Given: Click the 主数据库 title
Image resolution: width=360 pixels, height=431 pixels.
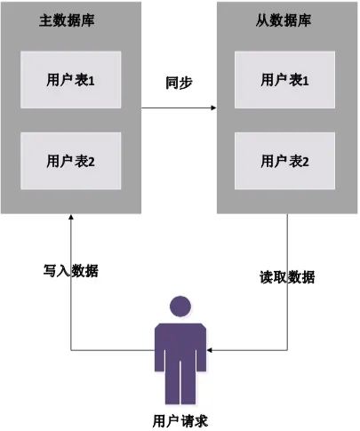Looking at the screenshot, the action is point(67,20).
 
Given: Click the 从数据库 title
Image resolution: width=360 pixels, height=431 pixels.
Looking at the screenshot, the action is point(284,20).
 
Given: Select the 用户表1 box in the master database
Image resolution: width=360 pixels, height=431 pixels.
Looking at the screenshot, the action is point(71,80).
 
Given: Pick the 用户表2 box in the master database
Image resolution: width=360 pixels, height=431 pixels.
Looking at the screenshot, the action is point(71,161).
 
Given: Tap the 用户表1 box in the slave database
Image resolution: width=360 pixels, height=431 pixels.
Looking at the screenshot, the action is point(284,80).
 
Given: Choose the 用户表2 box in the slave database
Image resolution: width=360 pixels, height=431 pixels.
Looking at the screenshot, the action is point(284,161).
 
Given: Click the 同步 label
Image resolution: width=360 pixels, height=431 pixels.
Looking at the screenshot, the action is point(179,83).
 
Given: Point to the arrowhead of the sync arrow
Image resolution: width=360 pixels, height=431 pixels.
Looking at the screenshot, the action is point(213,108).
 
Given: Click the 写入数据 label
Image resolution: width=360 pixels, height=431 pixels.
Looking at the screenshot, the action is point(71,270).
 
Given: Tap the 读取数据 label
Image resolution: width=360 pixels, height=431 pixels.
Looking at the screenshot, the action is point(287,277).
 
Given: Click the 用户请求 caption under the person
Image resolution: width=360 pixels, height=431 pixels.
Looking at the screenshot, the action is point(180,421).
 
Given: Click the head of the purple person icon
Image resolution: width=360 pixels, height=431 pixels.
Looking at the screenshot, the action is point(180,307).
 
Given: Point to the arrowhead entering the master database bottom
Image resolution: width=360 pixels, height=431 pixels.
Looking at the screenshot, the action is point(71,217).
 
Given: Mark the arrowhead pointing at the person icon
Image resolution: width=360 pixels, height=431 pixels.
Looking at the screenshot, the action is point(210,350).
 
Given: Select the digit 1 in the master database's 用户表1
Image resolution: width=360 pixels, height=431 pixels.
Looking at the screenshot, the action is point(92,81).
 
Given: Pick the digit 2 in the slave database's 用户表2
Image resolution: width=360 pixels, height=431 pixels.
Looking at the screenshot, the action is point(305,162).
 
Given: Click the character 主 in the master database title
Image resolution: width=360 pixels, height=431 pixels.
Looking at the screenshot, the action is point(46,20).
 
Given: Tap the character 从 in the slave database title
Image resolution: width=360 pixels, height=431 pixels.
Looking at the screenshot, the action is point(262,20).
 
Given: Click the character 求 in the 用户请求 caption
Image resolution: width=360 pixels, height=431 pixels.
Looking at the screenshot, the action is point(201,421).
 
